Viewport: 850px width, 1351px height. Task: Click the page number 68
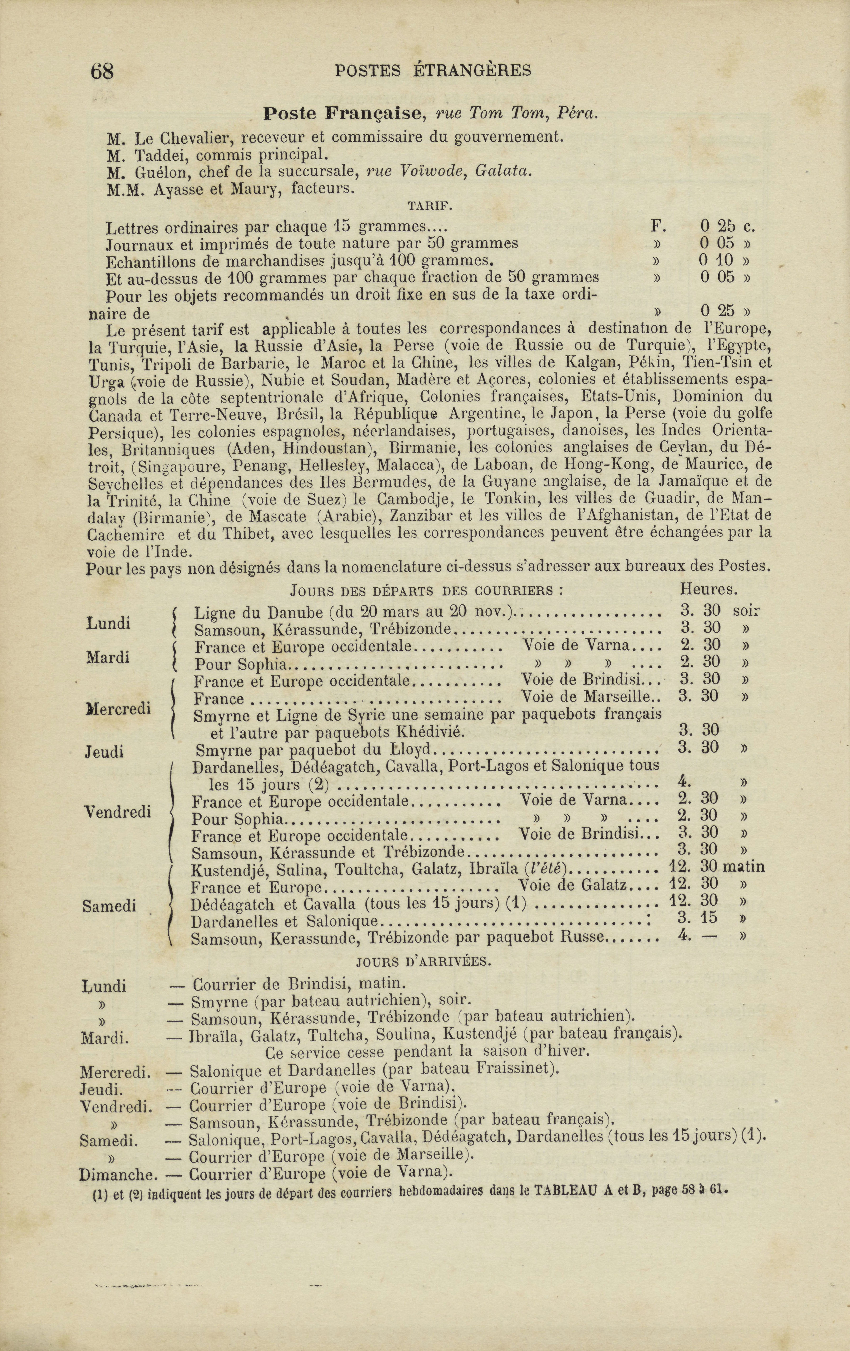coord(101,71)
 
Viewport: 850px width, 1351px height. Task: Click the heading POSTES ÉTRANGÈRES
coord(433,70)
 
